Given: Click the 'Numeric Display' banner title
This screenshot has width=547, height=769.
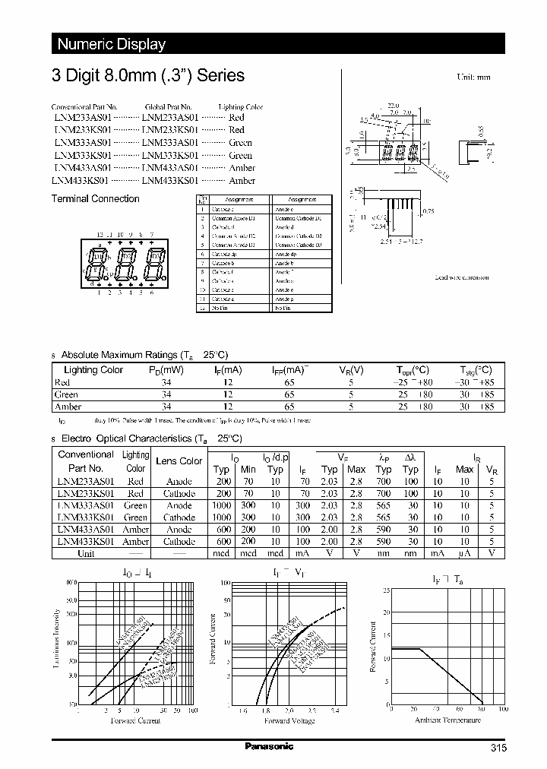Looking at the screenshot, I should tap(112, 44).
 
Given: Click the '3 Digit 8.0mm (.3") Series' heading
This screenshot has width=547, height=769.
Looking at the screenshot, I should tap(148, 75).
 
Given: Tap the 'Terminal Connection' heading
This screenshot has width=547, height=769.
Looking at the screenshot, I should tap(95, 199).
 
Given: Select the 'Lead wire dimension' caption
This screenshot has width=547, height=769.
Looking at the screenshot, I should tap(461, 277).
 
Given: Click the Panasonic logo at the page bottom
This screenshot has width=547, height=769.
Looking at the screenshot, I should tap(269, 746).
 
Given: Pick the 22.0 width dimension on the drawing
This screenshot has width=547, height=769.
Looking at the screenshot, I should tap(392, 106).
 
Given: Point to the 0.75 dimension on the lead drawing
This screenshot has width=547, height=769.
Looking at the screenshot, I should tap(428, 212).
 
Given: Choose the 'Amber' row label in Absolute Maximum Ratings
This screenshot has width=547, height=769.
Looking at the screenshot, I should tap(68, 407).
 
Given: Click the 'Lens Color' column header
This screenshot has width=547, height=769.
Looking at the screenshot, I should tap(179, 461).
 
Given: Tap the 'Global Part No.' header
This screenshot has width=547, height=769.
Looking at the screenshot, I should tap(168, 107).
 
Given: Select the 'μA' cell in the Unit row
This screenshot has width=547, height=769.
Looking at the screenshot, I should tap(464, 553).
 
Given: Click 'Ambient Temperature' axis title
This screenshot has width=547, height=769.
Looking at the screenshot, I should tap(445, 719).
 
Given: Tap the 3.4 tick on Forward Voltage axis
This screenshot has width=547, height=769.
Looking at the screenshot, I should tap(335, 710).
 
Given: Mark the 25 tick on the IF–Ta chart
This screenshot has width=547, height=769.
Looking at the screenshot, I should tap(386, 590).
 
